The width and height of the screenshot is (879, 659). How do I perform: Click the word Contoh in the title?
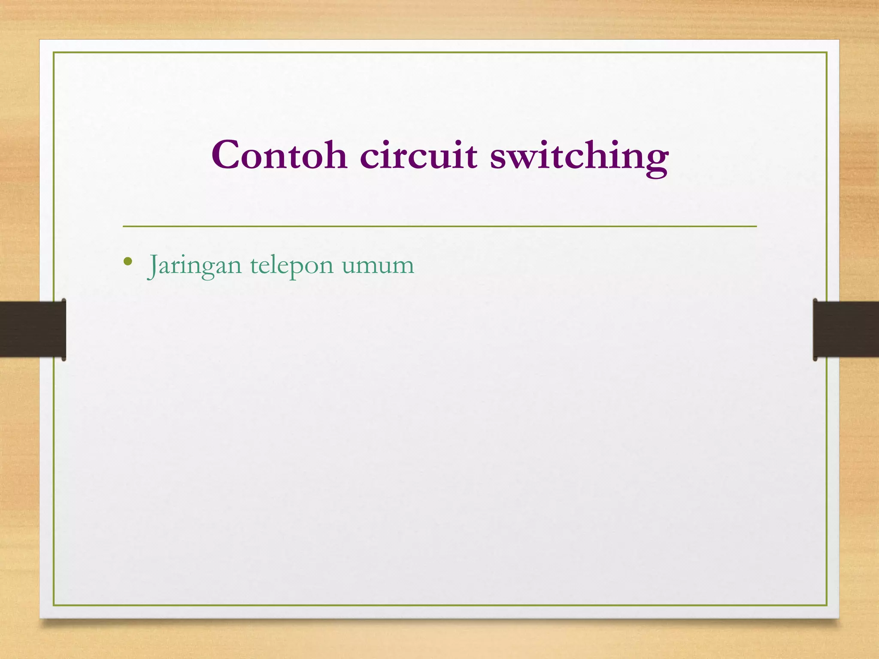pyautogui.click(x=279, y=155)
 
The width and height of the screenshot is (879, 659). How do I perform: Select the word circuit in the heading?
pyautogui.click(x=418, y=155)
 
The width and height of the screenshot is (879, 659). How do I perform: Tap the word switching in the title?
pyautogui.click(x=579, y=157)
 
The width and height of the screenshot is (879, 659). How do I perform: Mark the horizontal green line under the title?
pyautogui.click(x=439, y=226)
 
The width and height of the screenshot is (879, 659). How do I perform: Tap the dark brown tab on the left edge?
pyautogui.click(x=33, y=329)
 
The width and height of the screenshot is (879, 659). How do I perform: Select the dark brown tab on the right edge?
pyautogui.click(x=846, y=329)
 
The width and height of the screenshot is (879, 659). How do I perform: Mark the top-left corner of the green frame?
pyautogui.click(x=54, y=52)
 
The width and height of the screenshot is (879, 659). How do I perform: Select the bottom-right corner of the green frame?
pyautogui.click(x=827, y=605)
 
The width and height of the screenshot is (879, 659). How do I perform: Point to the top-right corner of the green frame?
pyautogui.click(x=827, y=52)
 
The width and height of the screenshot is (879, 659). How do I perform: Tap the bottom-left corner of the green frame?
pyautogui.click(x=54, y=605)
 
